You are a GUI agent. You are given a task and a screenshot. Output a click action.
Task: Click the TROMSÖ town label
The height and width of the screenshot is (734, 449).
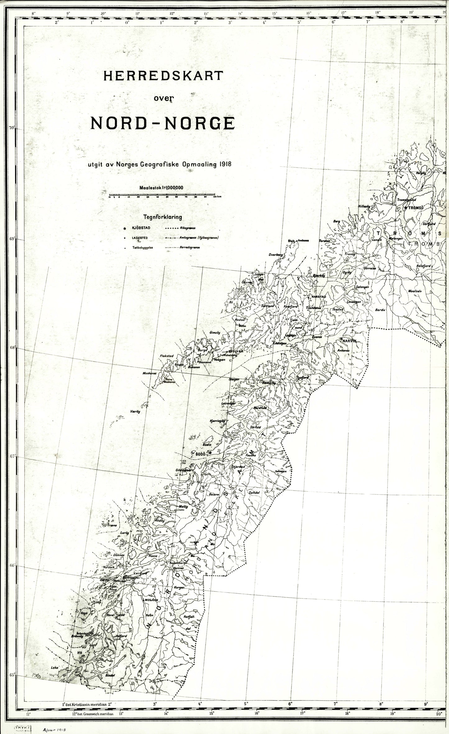coord(416,208)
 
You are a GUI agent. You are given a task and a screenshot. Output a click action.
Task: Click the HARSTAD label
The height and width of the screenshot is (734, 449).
coord(318,297)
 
